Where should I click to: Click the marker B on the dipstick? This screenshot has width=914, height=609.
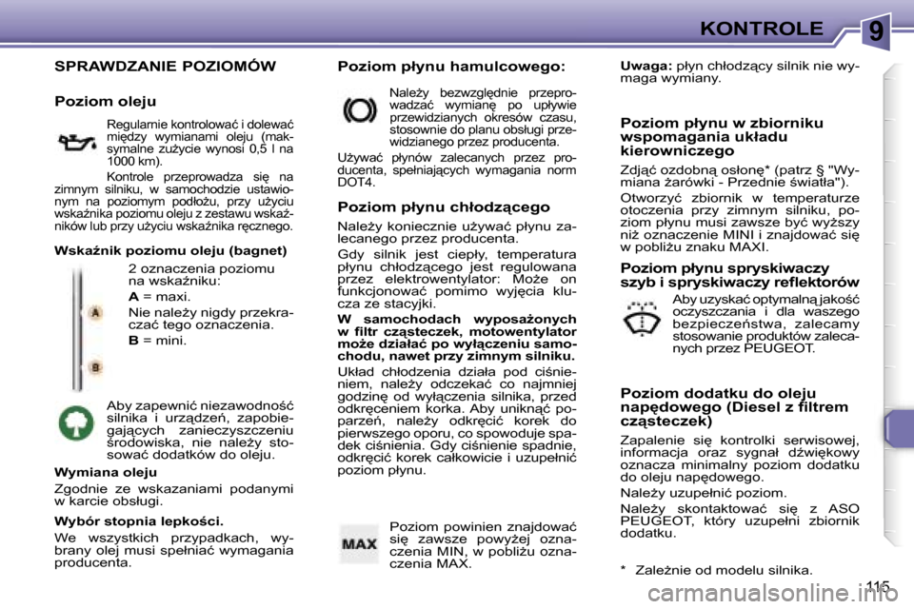pyautogui.click(x=95, y=367)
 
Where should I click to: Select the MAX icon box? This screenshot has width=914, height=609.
pyautogui.click(x=360, y=544)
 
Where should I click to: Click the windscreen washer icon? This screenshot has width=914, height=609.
pyautogui.click(x=640, y=324)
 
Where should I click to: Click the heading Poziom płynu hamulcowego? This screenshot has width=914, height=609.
pyautogui.click(x=451, y=68)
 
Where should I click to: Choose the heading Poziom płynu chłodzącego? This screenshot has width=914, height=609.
pyautogui.click(x=444, y=206)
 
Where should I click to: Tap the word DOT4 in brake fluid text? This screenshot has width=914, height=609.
pyautogui.click(x=356, y=181)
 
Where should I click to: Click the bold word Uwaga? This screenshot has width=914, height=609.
pyautogui.click(x=646, y=68)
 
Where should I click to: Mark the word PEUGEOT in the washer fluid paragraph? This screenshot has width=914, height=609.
pyautogui.click(x=779, y=348)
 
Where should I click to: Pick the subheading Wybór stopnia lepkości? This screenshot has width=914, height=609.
pyautogui.click(x=139, y=521)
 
